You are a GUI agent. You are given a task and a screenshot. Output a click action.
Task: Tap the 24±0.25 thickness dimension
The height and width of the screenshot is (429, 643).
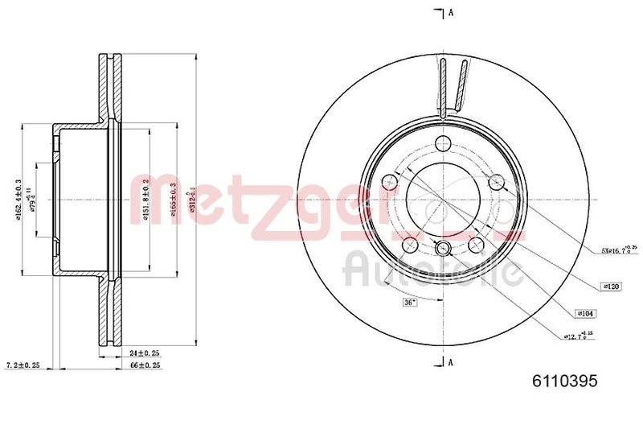coord(145,353)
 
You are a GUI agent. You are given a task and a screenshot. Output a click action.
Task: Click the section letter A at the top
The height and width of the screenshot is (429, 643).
coord(452,12)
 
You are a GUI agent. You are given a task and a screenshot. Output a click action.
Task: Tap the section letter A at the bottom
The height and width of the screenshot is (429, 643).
coord(452,361)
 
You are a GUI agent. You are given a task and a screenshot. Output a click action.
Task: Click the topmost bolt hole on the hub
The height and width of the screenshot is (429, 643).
coord(441,145)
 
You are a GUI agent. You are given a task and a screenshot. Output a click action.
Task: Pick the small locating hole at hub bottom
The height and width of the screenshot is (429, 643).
coord(441,249)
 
